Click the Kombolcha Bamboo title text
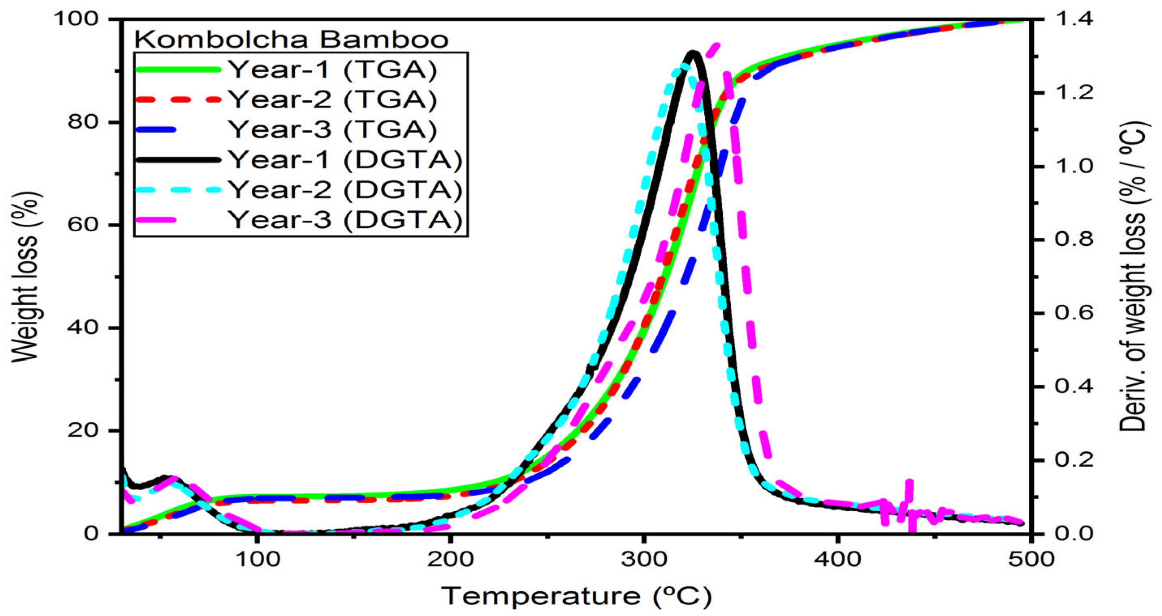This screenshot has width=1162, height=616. click(292, 40)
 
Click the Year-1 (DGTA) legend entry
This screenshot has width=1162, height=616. click(346, 159)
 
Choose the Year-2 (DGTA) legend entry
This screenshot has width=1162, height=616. click(346, 190)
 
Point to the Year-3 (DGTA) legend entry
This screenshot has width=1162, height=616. click(346, 220)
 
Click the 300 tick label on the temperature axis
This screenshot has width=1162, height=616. click(644, 560)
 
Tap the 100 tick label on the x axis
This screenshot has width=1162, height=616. click(257, 560)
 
